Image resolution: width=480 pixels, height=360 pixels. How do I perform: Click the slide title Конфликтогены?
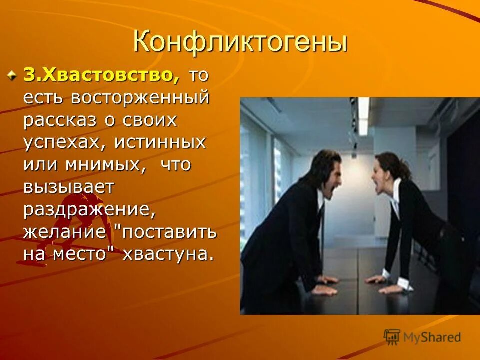coord(240,42)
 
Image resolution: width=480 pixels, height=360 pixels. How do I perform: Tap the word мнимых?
coord(104,164)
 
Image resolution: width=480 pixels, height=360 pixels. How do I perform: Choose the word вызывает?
coord(69,187)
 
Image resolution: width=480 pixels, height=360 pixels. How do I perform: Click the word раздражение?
coord(89,209)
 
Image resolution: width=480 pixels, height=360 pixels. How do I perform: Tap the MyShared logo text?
coord(432,337)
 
